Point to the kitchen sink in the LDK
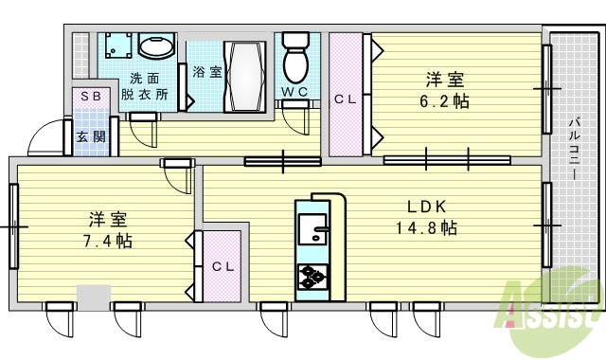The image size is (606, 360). (x=311, y=229)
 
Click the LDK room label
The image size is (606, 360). (x=426, y=207)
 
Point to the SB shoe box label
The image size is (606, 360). (x=91, y=98)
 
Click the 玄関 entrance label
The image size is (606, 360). (x=91, y=137)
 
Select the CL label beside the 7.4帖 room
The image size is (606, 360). (x=222, y=266)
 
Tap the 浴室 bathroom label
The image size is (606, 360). (x=206, y=72)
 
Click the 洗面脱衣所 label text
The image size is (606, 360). (x=149, y=87)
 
